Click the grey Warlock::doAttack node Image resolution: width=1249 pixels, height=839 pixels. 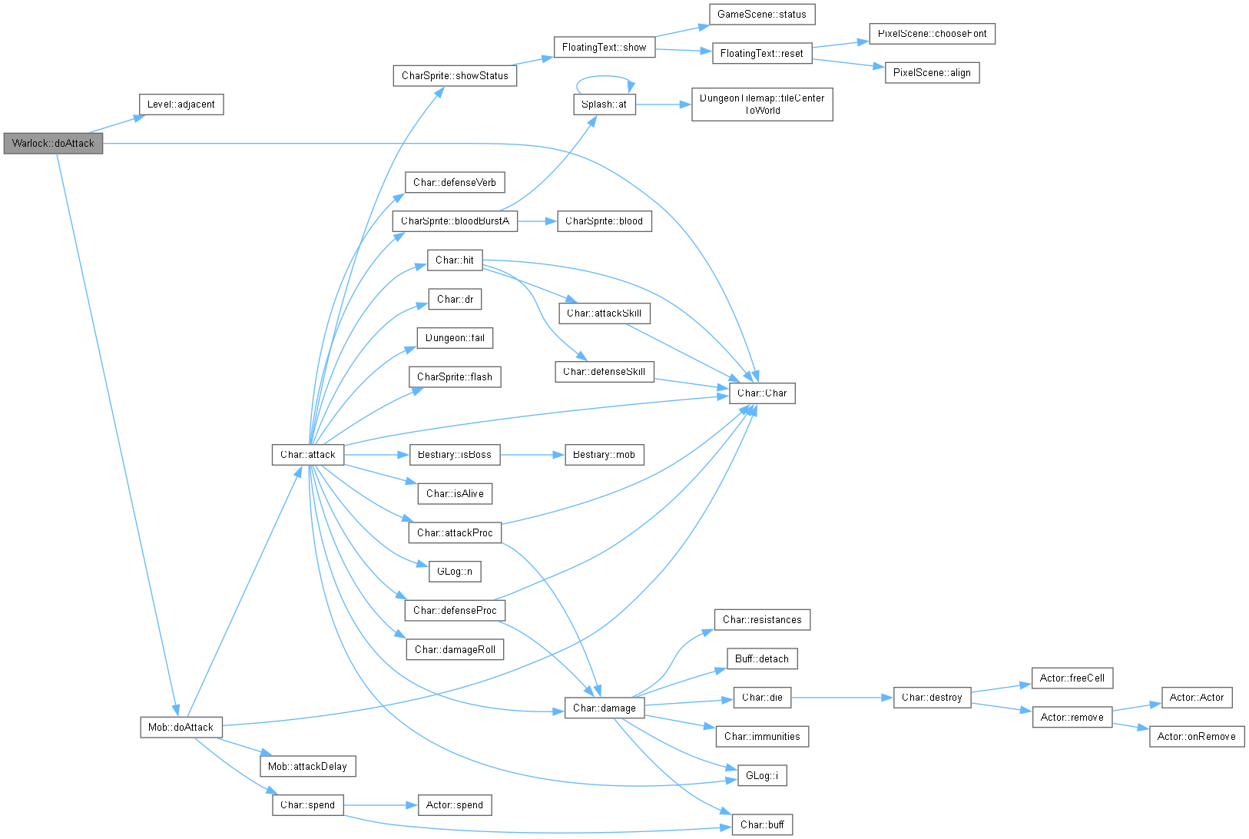(x=53, y=144)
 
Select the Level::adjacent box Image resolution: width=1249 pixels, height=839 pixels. (x=181, y=104)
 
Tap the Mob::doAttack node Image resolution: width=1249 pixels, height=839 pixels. (x=181, y=728)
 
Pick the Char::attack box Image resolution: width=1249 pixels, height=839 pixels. (x=308, y=455)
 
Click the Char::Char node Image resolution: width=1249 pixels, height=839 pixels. (x=762, y=393)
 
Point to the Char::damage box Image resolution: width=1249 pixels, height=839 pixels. (x=605, y=708)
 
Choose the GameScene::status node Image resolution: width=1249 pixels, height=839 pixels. (x=762, y=15)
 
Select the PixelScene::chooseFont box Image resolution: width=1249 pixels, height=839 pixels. (x=933, y=34)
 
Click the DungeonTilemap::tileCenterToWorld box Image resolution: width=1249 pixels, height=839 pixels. (x=762, y=104)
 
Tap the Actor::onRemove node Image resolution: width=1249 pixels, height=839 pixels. (x=1197, y=737)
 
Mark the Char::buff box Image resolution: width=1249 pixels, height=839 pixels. (x=762, y=825)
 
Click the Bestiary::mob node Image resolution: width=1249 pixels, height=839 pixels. (x=605, y=455)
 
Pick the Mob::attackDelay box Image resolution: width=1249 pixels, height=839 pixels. (x=308, y=767)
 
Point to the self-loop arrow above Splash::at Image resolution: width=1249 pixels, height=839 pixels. (x=605, y=76)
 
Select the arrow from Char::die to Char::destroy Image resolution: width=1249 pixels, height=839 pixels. (x=842, y=698)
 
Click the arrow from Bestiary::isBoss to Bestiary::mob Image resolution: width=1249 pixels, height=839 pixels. (x=532, y=455)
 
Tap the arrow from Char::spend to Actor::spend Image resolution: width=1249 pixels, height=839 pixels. (x=381, y=805)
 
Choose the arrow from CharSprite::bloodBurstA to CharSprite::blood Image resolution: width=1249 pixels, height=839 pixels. (x=538, y=221)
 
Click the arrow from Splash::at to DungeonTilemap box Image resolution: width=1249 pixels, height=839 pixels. (x=664, y=104)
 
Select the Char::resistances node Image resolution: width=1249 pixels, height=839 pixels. (x=762, y=620)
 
